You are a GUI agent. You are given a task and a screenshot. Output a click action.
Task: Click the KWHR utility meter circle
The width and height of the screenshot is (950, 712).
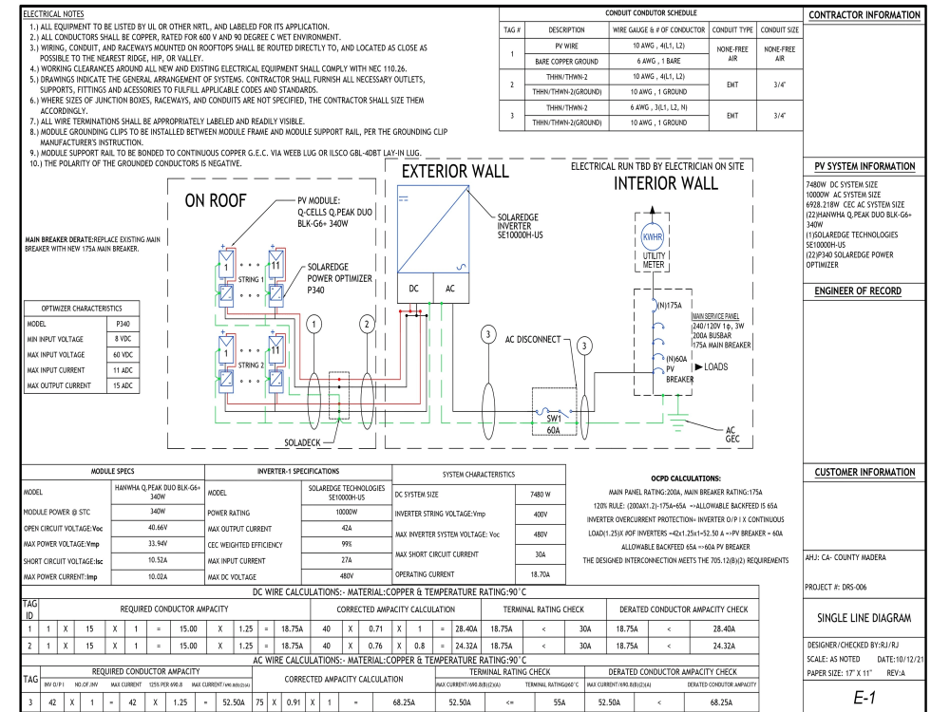coord(653,236)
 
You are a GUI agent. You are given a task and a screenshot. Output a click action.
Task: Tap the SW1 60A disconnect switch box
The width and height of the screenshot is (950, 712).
coord(554,411)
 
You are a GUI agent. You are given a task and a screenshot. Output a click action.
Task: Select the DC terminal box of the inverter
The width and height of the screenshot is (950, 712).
coord(415,289)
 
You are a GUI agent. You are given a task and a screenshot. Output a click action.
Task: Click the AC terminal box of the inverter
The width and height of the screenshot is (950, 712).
coord(451,289)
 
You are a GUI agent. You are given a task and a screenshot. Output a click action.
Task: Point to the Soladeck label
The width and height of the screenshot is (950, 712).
coord(302,442)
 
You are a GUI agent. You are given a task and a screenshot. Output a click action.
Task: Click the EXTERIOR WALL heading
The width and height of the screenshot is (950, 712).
coord(455,171)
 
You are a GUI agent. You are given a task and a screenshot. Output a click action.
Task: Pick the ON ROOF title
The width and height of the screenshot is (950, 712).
coord(216,200)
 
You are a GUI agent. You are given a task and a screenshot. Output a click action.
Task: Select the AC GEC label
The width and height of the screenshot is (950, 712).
coord(732,434)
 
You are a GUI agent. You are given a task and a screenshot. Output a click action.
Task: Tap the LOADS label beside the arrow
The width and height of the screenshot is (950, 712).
coord(715,366)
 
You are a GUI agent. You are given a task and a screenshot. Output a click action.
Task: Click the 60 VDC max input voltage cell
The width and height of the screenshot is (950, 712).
coord(123,355)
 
